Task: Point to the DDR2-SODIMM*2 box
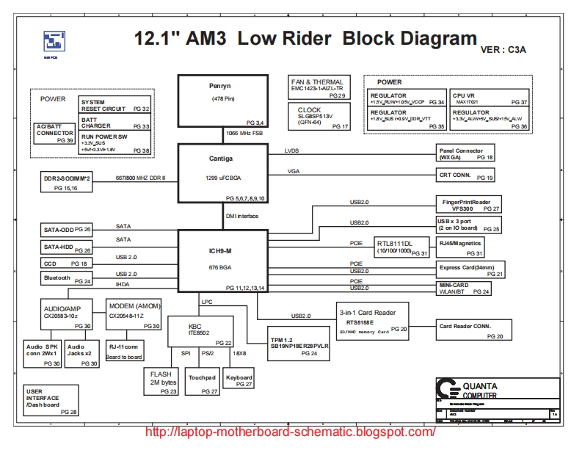point(66,183)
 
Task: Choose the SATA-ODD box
point(67,230)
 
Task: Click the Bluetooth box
point(67,278)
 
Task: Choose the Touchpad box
point(202,381)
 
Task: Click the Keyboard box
point(239,381)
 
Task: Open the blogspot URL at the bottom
point(291,432)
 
